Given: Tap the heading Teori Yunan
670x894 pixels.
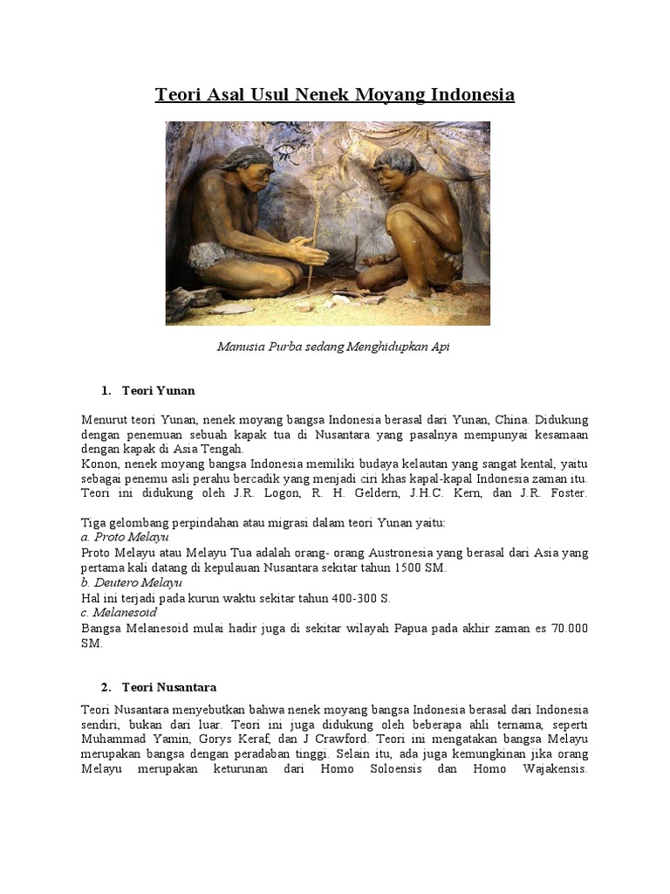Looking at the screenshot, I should click(159, 390).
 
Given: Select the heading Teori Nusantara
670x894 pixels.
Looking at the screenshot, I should click(169, 688).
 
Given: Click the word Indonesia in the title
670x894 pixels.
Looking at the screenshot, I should click(472, 94).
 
